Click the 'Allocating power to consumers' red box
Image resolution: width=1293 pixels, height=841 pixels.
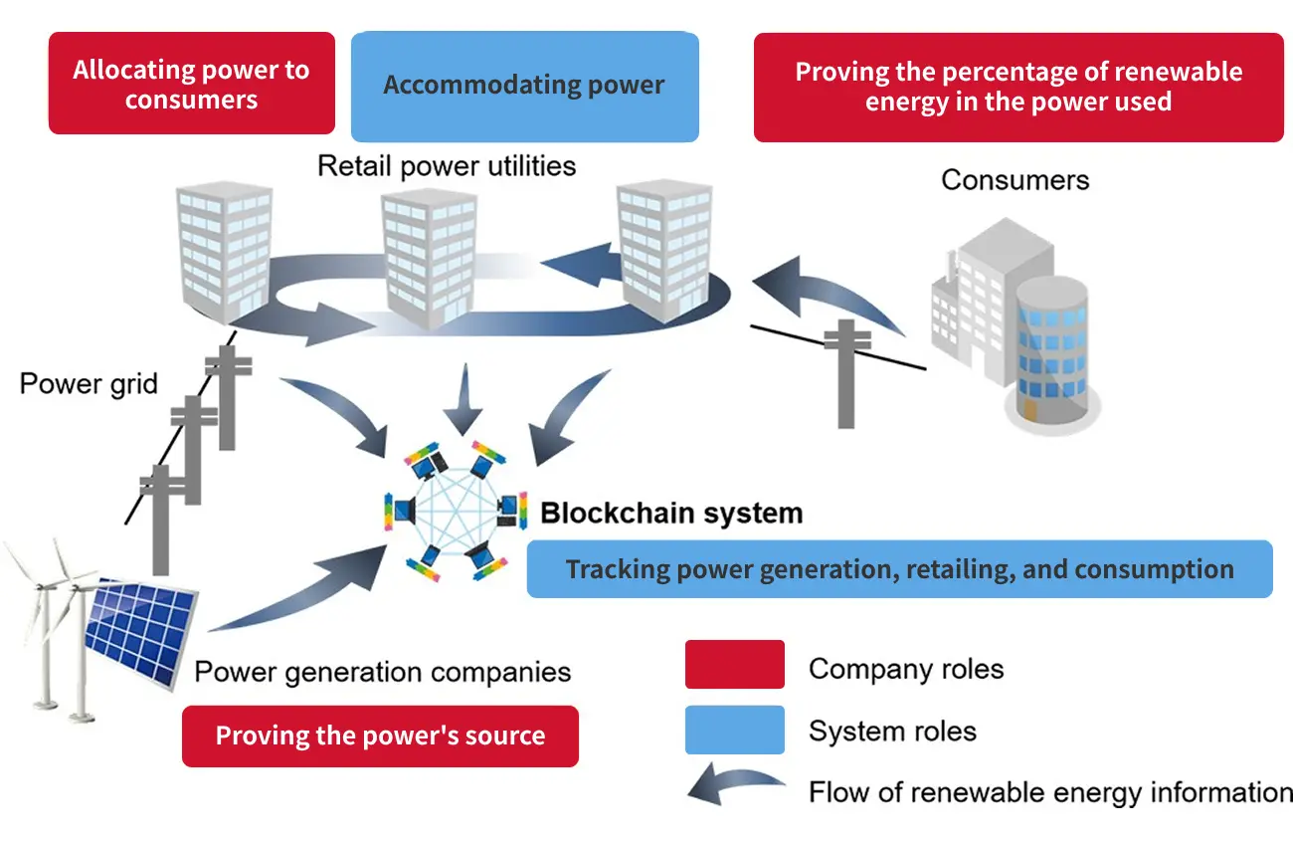191,84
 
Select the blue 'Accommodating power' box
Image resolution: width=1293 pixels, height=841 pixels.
524,86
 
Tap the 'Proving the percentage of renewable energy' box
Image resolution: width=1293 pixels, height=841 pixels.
1017,88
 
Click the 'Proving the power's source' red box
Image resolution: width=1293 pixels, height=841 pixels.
380,736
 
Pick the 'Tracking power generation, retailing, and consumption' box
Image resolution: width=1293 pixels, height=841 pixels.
899,569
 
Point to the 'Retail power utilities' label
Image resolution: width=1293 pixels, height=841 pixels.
447,165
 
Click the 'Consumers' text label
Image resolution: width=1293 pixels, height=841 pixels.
1015,180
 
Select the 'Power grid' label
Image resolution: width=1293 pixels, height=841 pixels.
89,383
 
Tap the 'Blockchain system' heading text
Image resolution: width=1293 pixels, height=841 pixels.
671,514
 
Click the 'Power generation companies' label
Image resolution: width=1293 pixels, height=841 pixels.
383,672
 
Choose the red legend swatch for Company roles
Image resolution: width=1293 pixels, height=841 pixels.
734,665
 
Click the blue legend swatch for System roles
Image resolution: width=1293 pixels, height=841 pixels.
734,730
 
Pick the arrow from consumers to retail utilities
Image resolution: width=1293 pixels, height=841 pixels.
831,294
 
